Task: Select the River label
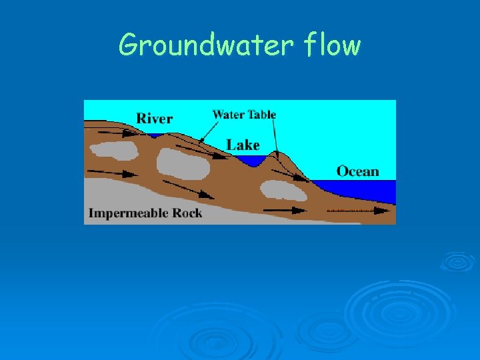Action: tap(154, 119)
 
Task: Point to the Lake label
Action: tap(243, 145)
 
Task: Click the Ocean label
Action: tap(357, 171)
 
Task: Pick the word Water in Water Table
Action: tap(228, 114)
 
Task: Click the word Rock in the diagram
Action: tap(186, 214)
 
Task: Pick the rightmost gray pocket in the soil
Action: tap(283, 190)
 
